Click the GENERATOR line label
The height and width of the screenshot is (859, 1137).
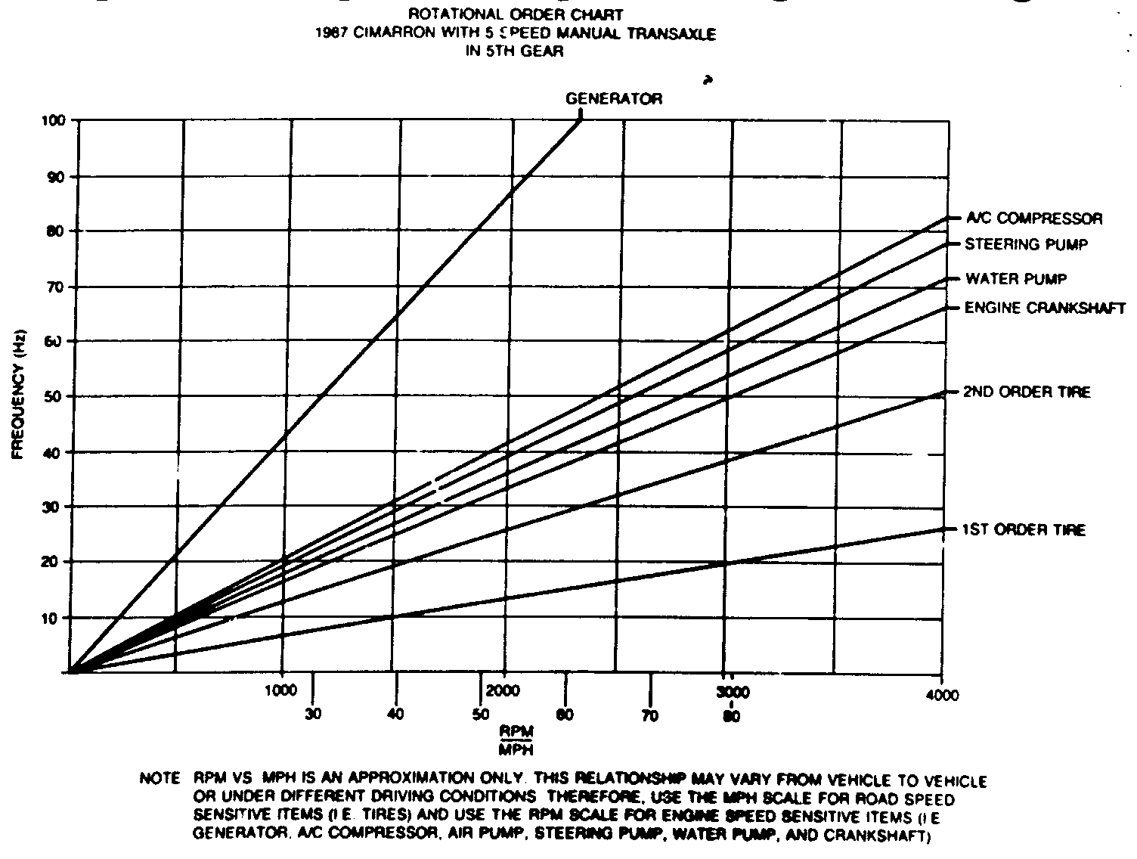[x=614, y=98]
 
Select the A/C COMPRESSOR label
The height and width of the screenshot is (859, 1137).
[x=1033, y=219]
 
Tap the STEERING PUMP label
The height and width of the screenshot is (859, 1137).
[x=1026, y=244]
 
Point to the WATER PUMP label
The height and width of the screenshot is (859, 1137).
[x=1015, y=279]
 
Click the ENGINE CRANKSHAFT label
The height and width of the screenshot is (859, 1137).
[x=1045, y=308]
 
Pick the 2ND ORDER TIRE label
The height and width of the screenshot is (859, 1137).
[x=1026, y=392]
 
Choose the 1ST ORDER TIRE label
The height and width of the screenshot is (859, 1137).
[x=1024, y=529]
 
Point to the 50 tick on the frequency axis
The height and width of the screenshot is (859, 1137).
[x=58, y=396]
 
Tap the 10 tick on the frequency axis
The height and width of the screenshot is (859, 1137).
[x=58, y=618]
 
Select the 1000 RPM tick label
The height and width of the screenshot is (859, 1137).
[x=280, y=690]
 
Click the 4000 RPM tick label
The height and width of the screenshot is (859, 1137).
[x=941, y=695]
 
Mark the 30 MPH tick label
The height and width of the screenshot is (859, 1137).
[x=314, y=714]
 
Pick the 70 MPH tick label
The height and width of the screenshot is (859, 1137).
[x=649, y=715]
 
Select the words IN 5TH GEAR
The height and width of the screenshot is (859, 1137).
[x=516, y=52]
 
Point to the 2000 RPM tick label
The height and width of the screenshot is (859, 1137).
[x=503, y=691]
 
